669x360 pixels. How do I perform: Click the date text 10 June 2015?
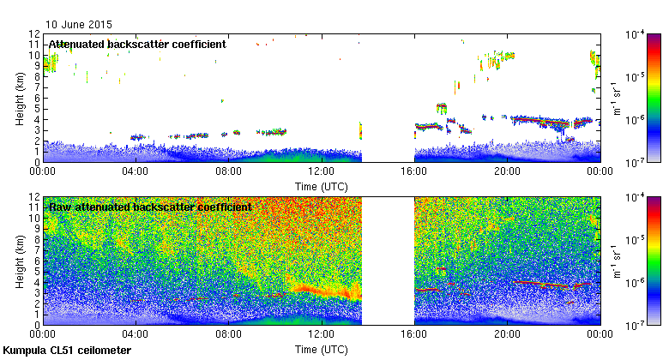(x=78, y=25)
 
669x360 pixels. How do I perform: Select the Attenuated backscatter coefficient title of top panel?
(x=136, y=45)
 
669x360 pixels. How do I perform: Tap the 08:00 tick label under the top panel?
(x=228, y=171)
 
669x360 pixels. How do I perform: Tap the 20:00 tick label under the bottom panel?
(x=507, y=334)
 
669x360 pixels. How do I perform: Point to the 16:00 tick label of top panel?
(x=414, y=171)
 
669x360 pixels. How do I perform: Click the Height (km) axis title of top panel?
(x=20, y=98)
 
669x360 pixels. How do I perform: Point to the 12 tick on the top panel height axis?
(x=33, y=33)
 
